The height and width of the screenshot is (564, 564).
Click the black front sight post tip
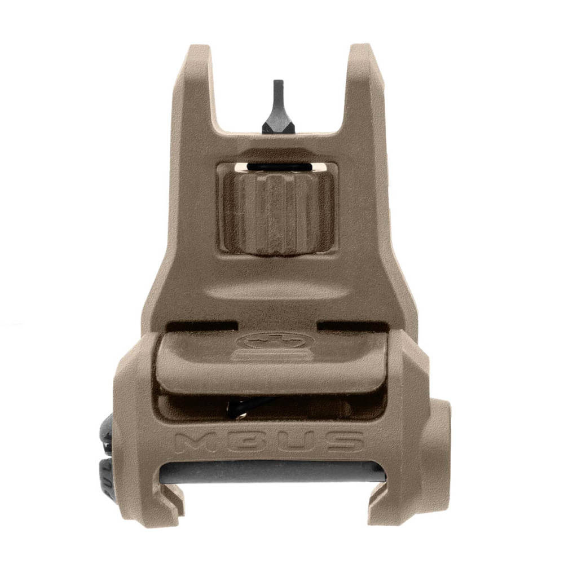(x=277, y=90)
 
